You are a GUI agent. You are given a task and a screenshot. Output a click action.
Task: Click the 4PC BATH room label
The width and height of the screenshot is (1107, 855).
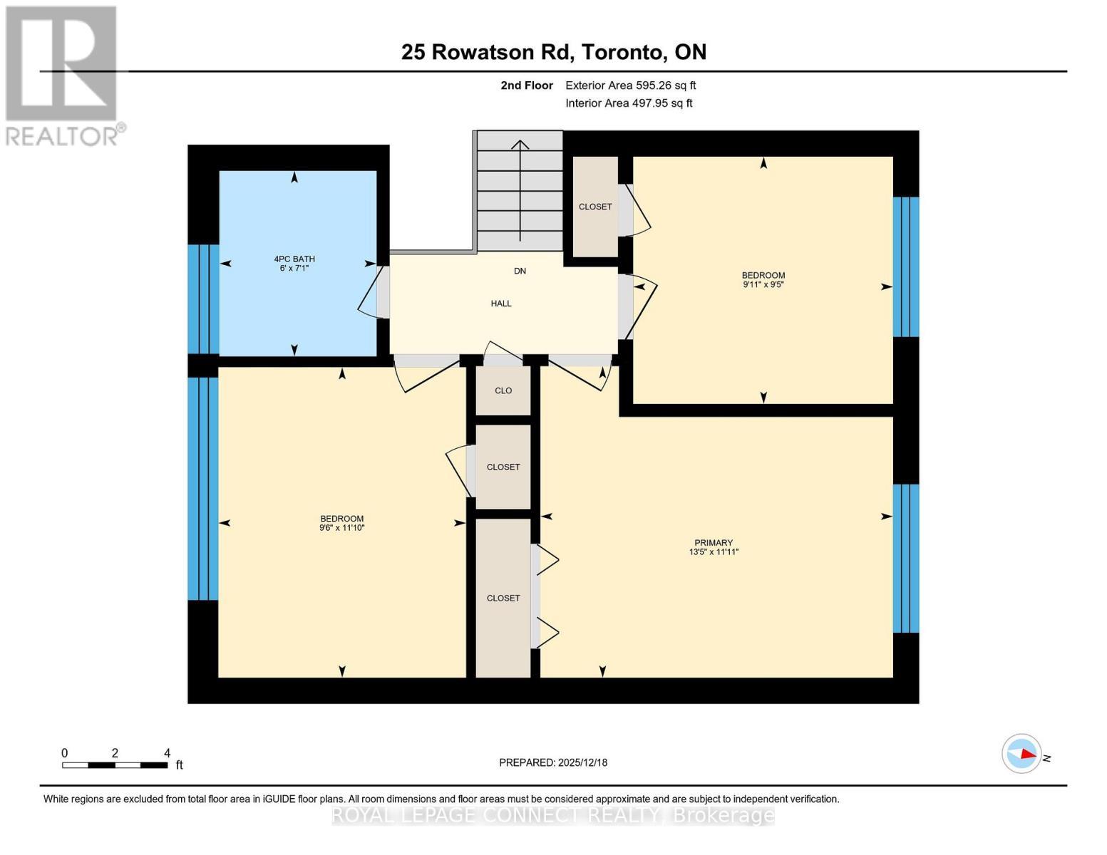[x=294, y=259]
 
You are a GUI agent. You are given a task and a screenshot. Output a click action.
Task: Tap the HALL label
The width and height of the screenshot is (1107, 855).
[x=501, y=304]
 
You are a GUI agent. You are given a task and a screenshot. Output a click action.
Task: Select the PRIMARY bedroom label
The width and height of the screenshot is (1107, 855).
[x=714, y=543]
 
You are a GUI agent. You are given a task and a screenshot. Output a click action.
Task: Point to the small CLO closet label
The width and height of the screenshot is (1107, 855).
[x=503, y=390]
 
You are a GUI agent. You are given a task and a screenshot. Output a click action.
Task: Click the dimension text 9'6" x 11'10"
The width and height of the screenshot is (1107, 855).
[x=342, y=528]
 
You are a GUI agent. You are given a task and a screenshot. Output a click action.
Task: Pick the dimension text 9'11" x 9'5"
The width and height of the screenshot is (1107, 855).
[x=763, y=285]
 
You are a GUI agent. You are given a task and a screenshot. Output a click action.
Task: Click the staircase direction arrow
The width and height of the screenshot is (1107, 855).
[x=520, y=190]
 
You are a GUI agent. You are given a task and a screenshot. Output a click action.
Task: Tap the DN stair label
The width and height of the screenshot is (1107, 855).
[x=520, y=271]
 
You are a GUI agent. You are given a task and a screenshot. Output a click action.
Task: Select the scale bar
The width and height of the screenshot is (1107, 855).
[x=115, y=765]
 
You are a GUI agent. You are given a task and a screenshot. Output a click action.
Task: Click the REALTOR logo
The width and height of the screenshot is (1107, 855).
[x=63, y=76]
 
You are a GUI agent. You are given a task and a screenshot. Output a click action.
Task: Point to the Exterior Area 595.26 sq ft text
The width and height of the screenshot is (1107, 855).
[x=631, y=85]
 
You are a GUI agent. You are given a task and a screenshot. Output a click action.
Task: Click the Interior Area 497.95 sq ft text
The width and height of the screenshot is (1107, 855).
[x=629, y=103]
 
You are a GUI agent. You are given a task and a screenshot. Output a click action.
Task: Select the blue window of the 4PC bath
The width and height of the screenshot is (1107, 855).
[x=203, y=299]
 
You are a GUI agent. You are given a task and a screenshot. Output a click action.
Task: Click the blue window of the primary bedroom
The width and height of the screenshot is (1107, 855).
[x=906, y=558]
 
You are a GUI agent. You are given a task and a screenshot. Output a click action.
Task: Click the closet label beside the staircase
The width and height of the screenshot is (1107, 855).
[x=595, y=207]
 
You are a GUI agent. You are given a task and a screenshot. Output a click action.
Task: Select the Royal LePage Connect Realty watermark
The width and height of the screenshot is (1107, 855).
[x=553, y=815]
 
